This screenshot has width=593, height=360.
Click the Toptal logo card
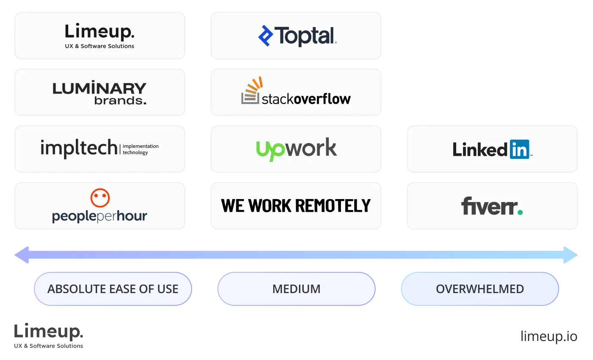[x=296, y=36]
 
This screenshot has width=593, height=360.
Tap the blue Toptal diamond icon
[x=266, y=36]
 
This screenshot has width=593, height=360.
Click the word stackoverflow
[x=306, y=99]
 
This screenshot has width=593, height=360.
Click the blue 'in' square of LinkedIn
[x=520, y=149]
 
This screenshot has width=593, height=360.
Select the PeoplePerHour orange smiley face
[x=100, y=198]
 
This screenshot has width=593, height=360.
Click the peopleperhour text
[x=100, y=216]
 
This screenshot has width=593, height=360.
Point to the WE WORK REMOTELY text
[x=296, y=206]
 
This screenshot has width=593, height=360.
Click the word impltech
[x=79, y=148]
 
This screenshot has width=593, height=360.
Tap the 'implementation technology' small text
[x=140, y=149]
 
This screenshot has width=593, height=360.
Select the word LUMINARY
[x=100, y=89]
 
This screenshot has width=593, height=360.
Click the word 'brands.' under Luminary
[x=120, y=101]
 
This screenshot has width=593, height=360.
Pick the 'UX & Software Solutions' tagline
[x=100, y=46]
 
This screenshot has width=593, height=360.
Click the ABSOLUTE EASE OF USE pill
[x=113, y=289]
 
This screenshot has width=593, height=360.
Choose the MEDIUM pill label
[x=296, y=289]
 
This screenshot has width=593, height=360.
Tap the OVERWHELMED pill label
[x=479, y=289]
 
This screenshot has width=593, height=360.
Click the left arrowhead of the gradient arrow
[x=22, y=255]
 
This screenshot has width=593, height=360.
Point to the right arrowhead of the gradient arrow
[x=571, y=255]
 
